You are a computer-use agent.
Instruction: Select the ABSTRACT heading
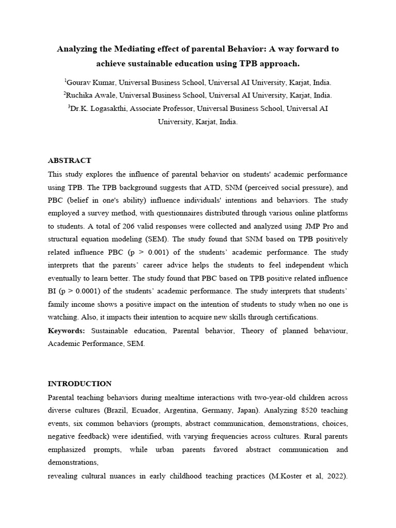pos(70,160)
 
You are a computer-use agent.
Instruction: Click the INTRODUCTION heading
pos(79,384)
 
